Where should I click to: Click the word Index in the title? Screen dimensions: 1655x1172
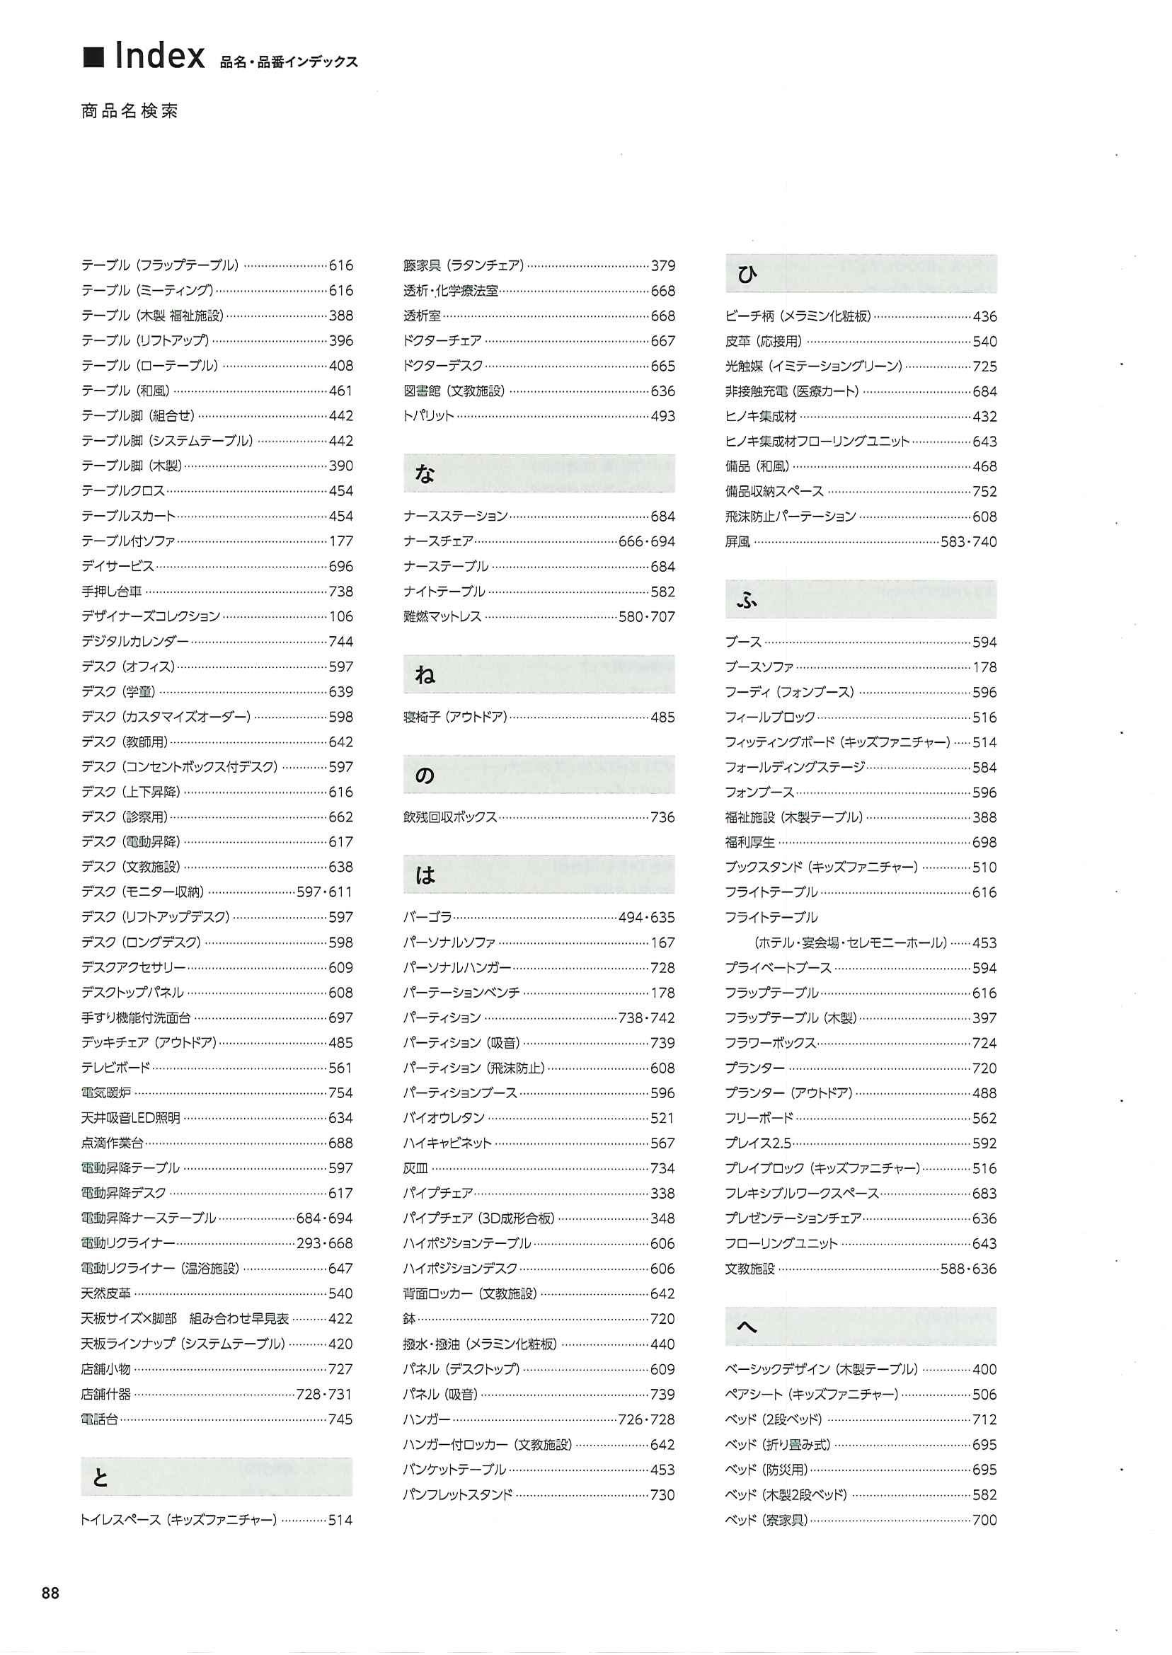coord(159,57)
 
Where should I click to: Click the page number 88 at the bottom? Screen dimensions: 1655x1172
coord(50,1593)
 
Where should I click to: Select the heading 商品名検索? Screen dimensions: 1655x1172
coord(130,111)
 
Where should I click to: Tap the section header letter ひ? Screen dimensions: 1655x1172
coord(747,274)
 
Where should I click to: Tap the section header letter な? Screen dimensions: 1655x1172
coord(425,474)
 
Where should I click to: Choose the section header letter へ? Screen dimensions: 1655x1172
coord(746,1327)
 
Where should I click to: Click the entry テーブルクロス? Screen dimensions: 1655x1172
coord(123,491)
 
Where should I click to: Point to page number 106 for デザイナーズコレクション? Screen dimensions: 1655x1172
coord(340,617)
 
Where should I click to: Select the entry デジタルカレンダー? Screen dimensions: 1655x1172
coord(135,641)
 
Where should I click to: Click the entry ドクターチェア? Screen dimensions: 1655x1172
coord(442,341)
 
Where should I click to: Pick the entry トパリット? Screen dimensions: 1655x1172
coord(429,416)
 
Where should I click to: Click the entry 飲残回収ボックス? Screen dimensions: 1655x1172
coord(450,817)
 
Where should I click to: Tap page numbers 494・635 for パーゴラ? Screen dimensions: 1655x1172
coord(647,918)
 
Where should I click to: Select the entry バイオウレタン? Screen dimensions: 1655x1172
coord(444,1118)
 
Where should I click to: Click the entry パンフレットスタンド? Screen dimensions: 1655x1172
coord(457,1495)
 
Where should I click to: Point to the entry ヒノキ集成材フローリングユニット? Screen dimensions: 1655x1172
coord(817,442)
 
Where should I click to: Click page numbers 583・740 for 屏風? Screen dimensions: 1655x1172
coord(968,542)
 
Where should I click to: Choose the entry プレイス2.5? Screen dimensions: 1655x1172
coord(758,1143)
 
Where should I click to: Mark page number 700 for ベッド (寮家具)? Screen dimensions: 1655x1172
coord(984,1520)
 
